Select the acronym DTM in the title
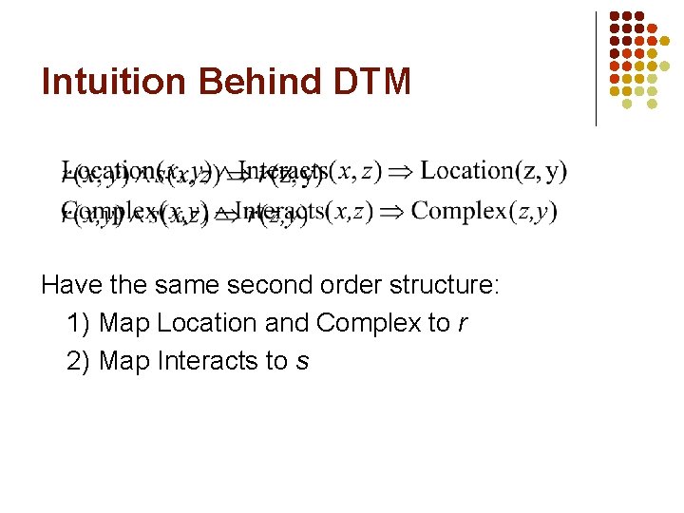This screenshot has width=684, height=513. click(x=372, y=83)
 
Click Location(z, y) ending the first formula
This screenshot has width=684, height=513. click(x=493, y=171)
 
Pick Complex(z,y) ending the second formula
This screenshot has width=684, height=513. click(x=484, y=210)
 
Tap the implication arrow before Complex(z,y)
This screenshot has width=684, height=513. click(x=392, y=211)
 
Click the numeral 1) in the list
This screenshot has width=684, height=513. click(x=79, y=323)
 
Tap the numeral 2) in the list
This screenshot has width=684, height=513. click(x=79, y=361)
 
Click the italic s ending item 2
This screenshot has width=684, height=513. click(x=302, y=362)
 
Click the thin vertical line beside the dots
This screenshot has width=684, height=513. click(x=596, y=68)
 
